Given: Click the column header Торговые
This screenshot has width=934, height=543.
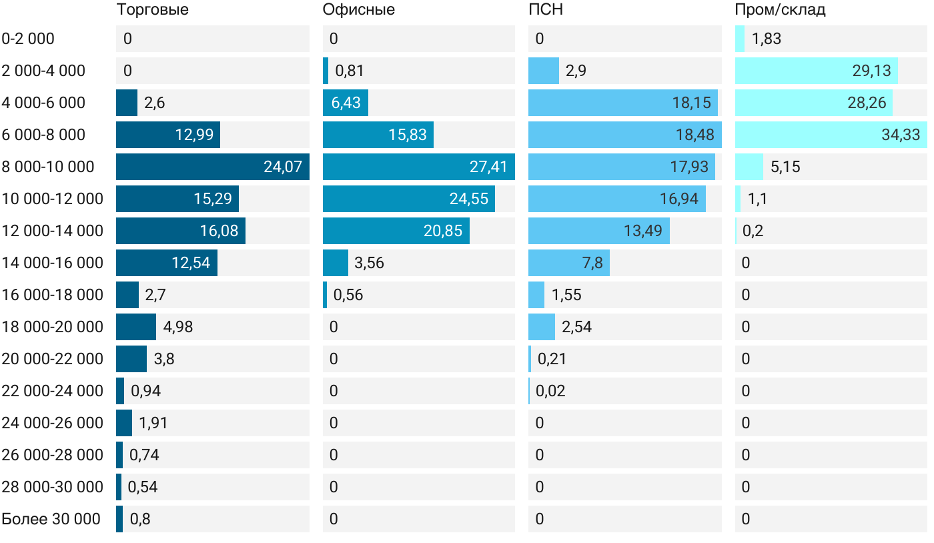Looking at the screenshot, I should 152,9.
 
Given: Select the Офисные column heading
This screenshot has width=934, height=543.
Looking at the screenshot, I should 358,9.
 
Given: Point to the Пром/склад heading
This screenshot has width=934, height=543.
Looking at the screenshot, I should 780,9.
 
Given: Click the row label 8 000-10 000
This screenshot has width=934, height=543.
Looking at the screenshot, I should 48,167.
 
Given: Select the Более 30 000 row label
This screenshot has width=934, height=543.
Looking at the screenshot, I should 51,519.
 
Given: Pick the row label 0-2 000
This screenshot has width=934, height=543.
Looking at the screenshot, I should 28,39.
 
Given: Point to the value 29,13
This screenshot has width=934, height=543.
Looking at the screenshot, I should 871,71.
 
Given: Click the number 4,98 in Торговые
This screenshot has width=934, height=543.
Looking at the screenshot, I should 178,327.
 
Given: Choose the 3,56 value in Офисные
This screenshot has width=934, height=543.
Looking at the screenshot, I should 369,263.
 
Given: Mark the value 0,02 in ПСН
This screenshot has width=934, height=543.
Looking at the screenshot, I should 550,391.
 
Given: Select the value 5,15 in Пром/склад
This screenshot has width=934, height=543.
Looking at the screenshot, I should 785,167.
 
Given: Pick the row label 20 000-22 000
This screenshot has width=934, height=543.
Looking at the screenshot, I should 53,359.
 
